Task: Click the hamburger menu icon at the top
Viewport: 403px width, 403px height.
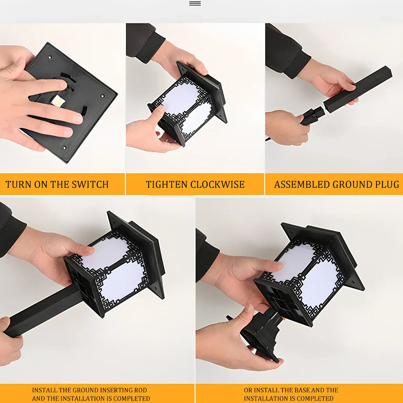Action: click(195, 3)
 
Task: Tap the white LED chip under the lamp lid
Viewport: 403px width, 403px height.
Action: click(58, 101)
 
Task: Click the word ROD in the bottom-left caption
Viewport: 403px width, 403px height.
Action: click(140, 390)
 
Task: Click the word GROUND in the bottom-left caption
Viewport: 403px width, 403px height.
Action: click(86, 390)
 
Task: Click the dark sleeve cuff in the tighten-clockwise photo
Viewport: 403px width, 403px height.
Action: click(151, 49)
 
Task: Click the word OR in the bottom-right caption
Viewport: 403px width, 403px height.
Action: click(248, 390)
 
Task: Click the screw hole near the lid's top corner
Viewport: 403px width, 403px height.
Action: click(50, 57)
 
